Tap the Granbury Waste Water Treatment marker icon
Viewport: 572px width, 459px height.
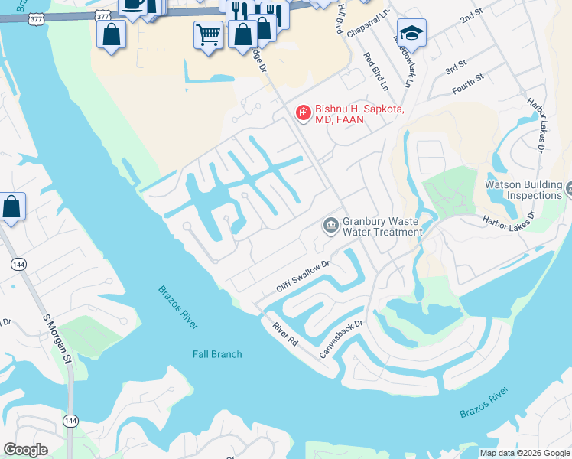click(x=331, y=225)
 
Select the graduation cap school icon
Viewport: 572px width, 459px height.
click(x=411, y=33)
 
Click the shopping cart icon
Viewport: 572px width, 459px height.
click(x=207, y=34)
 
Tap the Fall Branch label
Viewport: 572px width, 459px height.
click(x=217, y=354)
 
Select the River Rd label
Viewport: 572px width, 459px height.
click(x=284, y=334)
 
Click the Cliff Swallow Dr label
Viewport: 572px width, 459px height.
click(x=303, y=276)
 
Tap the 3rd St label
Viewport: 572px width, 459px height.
click(x=456, y=64)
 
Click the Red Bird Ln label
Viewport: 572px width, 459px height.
click(x=377, y=71)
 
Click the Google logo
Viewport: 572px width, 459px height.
click(x=25, y=450)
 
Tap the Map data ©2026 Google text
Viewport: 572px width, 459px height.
click(x=524, y=453)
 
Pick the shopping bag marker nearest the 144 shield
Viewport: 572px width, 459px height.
click(x=12, y=207)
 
